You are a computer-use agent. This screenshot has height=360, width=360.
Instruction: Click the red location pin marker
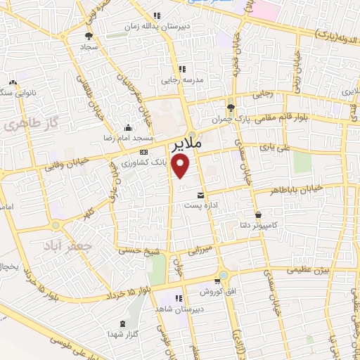pos(181,166)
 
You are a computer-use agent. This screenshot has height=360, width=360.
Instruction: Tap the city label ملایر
pos(186,143)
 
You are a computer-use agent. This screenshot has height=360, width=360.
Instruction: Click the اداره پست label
pos(202,205)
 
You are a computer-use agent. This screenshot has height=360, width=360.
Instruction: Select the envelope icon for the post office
pos(202,195)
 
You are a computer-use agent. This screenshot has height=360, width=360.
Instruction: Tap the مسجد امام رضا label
pos(128,139)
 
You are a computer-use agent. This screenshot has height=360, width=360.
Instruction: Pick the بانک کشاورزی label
pos(144,162)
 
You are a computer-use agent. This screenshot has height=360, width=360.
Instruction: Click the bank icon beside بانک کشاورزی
pos(143,152)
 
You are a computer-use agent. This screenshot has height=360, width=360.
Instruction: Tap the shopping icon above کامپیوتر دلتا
pos(259,214)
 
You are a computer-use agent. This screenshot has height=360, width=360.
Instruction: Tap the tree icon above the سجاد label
pos(89,34)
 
